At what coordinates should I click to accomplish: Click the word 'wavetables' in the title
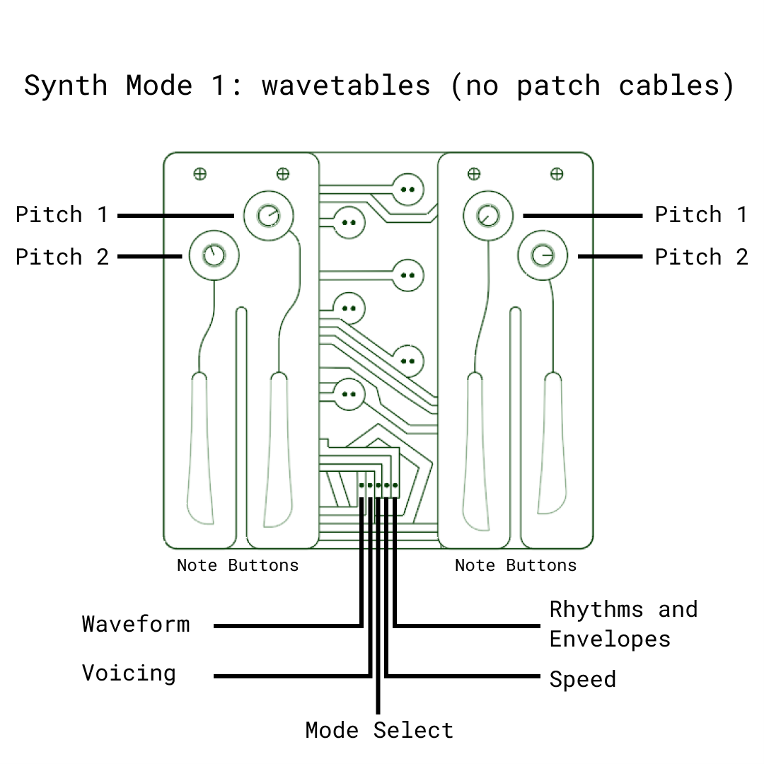346,86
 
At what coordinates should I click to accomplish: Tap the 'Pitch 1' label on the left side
62,214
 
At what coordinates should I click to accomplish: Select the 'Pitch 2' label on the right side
701,257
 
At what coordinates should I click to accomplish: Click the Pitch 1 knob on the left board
268,215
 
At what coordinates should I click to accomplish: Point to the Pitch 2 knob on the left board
214,255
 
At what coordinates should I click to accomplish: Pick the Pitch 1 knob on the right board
487,215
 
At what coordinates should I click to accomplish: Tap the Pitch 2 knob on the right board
543,255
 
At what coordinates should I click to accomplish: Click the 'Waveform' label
136,624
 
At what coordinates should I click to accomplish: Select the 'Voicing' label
129,673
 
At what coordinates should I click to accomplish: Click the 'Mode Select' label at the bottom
379,730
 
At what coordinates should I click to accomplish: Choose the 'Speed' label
582,679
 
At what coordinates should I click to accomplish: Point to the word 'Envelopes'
610,639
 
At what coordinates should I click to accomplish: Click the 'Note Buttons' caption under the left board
238,565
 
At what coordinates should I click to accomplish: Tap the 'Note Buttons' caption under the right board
515,565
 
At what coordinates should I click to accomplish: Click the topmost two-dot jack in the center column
407,189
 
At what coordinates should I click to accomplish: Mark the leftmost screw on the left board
200,173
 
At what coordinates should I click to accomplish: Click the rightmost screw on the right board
557,173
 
